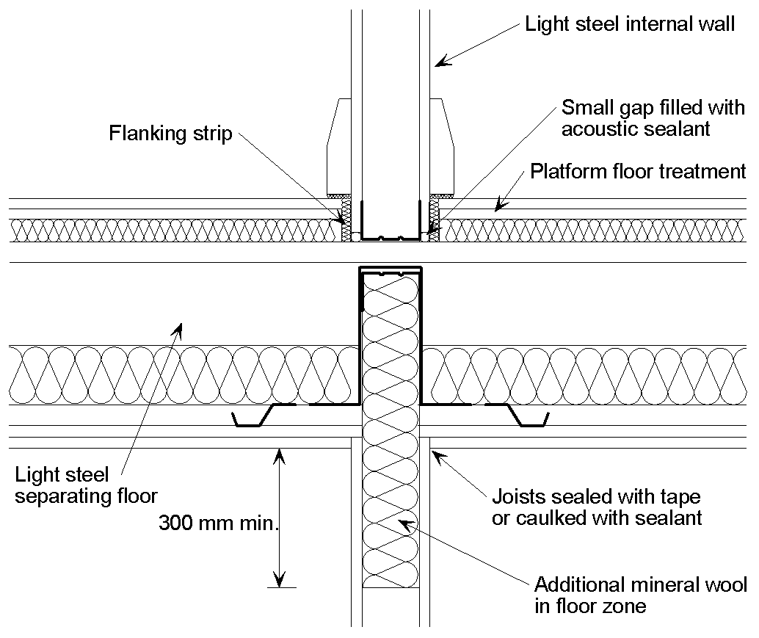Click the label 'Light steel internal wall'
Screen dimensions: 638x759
pos(629,24)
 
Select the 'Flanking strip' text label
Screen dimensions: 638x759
pos(170,134)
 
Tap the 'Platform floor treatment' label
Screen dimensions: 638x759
pos(637,172)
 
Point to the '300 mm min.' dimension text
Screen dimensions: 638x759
pos(219,523)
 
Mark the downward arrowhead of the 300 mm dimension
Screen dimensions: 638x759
pos(278,580)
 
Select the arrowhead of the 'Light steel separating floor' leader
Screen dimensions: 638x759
pos(176,330)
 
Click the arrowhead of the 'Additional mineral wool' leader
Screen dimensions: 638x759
pos(402,522)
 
